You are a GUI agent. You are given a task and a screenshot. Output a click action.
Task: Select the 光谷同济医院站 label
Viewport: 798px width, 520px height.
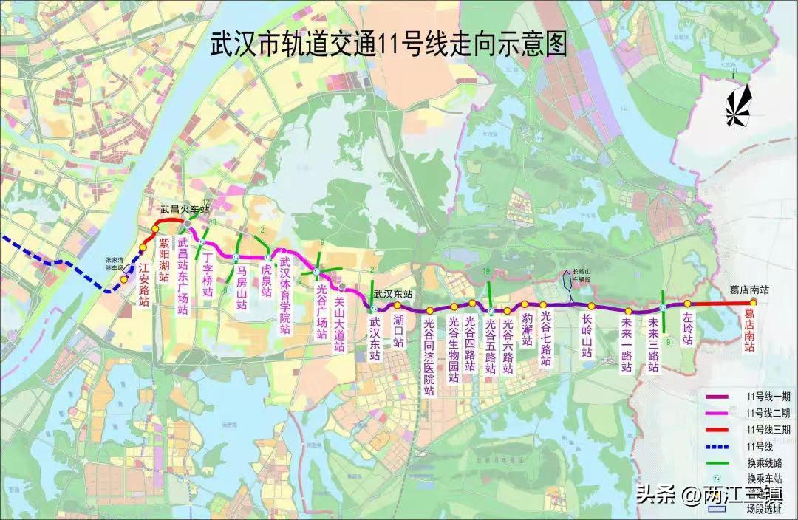pyautogui.click(x=429, y=354)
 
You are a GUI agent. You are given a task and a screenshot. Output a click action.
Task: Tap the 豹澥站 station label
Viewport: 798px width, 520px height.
pyautogui.click(x=526, y=332)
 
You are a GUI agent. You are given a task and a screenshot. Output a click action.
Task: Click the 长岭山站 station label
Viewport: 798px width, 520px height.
pyautogui.click(x=587, y=336)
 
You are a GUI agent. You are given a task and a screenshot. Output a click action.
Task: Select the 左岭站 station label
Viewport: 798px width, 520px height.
pyautogui.click(x=687, y=329)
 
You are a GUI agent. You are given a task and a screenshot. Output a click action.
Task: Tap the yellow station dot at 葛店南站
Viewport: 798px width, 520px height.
pyautogui.click(x=753, y=303)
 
